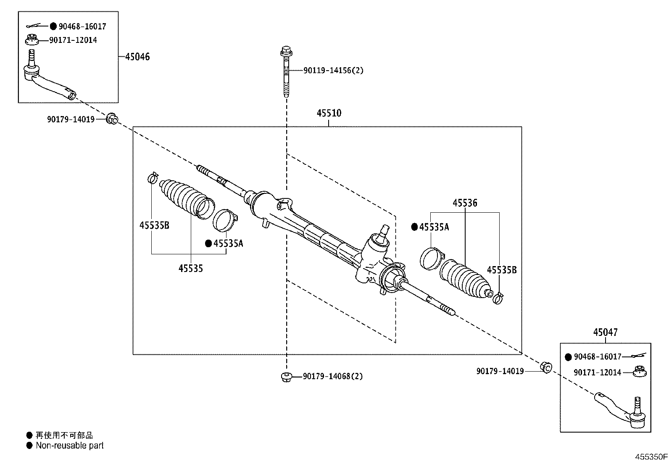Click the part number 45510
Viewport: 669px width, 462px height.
329,113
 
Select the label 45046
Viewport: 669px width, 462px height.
137,57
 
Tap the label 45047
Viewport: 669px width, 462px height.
605,332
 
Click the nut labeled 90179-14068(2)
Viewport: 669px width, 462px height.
286,376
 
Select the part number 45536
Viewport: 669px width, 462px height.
465,203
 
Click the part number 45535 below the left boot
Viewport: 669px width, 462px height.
190,268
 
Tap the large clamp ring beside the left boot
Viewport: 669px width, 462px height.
226,221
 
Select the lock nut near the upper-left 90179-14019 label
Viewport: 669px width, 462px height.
112,119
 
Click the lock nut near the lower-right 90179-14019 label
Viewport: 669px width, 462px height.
546,367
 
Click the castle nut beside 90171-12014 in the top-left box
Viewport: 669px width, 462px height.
31,40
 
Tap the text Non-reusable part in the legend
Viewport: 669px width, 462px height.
69,446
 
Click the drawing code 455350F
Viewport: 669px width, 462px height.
651,457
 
